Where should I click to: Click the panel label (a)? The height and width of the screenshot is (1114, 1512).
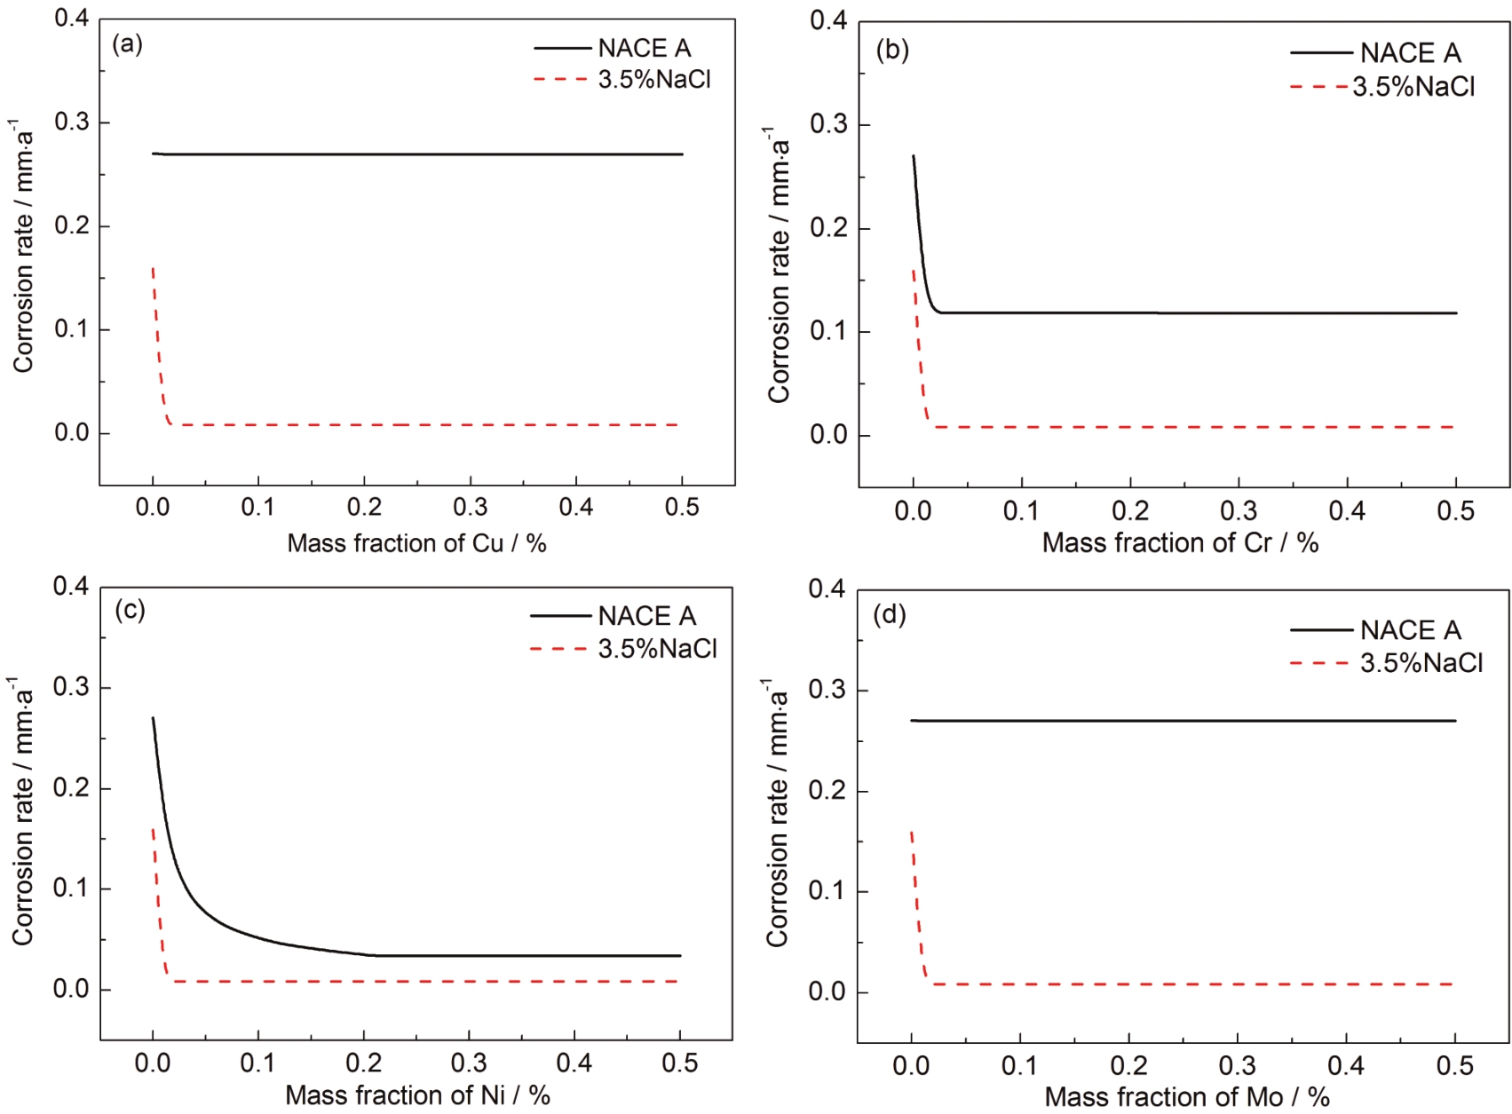pyautogui.click(x=128, y=44)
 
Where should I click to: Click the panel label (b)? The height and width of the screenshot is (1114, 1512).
pyautogui.click(x=892, y=51)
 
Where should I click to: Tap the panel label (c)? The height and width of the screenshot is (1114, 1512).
pyautogui.click(x=130, y=610)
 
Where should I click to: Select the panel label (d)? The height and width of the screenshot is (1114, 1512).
pyautogui.click(x=890, y=614)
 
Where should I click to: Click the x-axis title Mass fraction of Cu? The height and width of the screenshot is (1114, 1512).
pyautogui.click(x=416, y=543)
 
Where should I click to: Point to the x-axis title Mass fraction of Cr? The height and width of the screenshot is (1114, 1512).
pyautogui.click(x=1180, y=542)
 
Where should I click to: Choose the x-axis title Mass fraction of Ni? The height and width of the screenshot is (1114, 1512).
pyautogui.click(x=417, y=1095)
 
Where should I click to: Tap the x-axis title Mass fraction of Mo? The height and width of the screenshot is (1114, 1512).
pyautogui.click(x=1186, y=1097)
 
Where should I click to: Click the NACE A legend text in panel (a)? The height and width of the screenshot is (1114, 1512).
pyautogui.click(x=645, y=48)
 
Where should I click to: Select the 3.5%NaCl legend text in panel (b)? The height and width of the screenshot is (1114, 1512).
pyautogui.click(x=1413, y=86)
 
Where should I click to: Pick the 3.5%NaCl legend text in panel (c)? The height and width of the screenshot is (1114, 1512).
pyautogui.click(x=657, y=649)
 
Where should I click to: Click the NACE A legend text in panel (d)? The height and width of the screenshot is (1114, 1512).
pyautogui.click(x=1410, y=630)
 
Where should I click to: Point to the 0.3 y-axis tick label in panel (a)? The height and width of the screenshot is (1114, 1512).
pyautogui.click(x=72, y=122)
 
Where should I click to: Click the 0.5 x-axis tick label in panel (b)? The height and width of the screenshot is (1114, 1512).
pyautogui.click(x=1455, y=511)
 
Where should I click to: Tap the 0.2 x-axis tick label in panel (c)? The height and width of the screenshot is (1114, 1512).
pyautogui.click(x=363, y=1063)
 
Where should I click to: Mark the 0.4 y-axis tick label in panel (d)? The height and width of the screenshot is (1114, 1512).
pyautogui.click(x=827, y=589)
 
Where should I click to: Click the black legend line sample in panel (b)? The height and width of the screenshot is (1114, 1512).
pyautogui.click(x=1321, y=53)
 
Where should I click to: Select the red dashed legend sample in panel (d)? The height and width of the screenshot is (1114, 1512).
pyautogui.click(x=1319, y=663)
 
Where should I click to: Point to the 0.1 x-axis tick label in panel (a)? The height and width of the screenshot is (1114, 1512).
pyautogui.click(x=258, y=508)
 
